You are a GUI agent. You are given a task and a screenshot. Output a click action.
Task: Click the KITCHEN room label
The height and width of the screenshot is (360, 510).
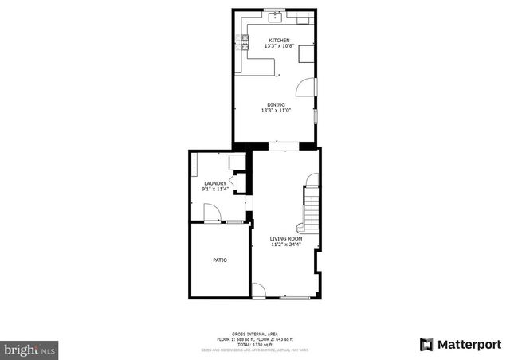[x=278, y=41]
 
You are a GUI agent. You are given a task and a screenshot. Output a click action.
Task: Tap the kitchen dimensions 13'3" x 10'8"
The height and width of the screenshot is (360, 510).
[x=278, y=46]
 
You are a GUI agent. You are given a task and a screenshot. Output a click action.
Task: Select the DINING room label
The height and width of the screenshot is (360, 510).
[x=277, y=104]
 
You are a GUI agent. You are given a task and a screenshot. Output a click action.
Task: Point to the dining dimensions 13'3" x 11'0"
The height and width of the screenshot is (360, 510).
[x=277, y=110]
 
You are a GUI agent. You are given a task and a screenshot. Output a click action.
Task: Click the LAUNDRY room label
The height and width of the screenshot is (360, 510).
[x=216, y=183]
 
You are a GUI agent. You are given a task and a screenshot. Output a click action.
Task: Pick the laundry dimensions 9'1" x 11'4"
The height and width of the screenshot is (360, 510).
[x=216, y=189]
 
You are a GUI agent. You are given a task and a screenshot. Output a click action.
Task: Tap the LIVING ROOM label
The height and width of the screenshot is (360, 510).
[x=286, y=238]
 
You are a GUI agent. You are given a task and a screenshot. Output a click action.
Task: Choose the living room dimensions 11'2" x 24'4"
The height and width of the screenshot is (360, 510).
[x=286, y=244]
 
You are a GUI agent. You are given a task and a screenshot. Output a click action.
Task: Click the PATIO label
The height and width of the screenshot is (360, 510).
[x=220, y=260]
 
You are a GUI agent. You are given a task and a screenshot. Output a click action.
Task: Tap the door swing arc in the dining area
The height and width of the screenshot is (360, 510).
[x=308, y=87]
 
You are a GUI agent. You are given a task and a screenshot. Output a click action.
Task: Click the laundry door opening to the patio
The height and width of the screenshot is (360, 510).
[x=210, y=213]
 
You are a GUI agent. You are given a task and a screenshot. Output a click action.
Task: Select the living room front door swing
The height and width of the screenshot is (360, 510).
[x=258, y=291]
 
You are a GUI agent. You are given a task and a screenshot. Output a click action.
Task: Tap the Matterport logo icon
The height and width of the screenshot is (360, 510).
[x=427, y=344]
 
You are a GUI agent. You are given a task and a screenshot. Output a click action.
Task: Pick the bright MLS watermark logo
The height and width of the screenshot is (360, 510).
[x=29, y=349]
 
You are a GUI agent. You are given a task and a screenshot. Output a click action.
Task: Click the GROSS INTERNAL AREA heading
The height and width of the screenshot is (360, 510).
[x=254, y=334]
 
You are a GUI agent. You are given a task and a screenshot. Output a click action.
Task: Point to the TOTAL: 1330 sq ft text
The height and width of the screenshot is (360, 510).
[x=254, y=345]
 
